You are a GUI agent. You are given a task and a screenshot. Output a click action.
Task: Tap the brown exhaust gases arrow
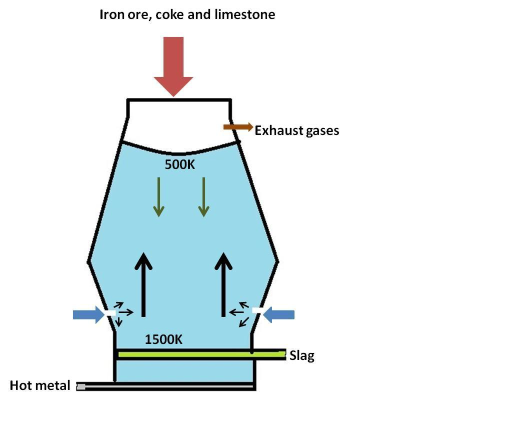point(238,127)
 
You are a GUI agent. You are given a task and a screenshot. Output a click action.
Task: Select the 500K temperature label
point(180,164)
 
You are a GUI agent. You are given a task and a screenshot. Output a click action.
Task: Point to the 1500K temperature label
point(163,339)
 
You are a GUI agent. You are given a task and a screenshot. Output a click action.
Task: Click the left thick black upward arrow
point(144,285)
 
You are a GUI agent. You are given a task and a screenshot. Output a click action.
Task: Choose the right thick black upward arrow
point(223,285)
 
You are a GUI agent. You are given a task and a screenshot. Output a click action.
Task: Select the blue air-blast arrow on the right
point(279,314)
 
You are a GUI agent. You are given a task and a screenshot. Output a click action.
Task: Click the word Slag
point(302,356)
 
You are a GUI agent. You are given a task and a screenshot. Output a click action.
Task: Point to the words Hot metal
point(40,385)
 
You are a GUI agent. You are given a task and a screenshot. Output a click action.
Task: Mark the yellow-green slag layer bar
point(200,354)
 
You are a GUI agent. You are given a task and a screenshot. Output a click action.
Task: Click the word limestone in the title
point(244,14)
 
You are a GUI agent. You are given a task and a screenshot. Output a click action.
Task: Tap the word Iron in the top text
point(111,14)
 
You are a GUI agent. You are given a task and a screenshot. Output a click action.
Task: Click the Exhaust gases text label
point(297,130)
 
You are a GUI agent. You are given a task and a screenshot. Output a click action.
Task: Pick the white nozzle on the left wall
point(110,313)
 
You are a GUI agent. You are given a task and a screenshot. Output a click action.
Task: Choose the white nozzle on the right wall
point(257,310)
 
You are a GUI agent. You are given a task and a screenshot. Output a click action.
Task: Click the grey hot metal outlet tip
point(80,386)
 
